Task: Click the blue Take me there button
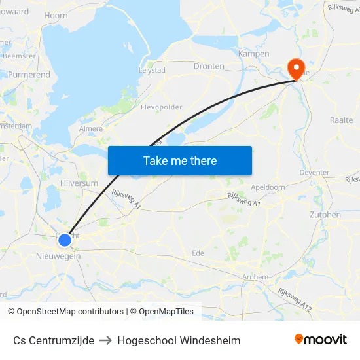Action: point(180,160)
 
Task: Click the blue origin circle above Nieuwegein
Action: point(65,240)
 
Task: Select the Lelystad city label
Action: point(152,70)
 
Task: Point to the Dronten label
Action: point(209,66)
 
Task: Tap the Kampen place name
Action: point(254,54)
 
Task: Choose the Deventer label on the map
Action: point(314,173)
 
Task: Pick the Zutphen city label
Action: point(325,215)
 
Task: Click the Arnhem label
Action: point(255,277)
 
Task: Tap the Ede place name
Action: point(198,253)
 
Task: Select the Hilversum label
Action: point(79,183)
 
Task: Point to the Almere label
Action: point(91,129)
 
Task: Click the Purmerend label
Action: point(29,75)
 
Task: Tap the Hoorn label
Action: point(56,15)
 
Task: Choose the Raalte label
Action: point(342,120)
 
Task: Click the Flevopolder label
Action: point(162,107)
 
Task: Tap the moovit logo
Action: point(321,339)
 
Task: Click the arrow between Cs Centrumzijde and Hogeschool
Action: point(106,340)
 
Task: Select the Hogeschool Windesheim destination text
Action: point(179,340)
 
